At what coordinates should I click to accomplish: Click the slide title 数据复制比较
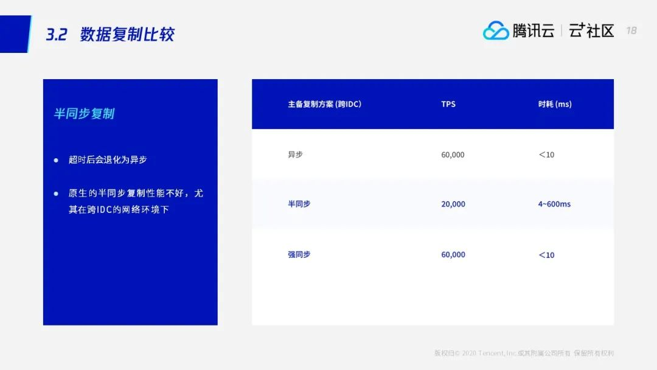click(x=127, y=34)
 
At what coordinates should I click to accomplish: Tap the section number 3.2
click(x=57, y=35)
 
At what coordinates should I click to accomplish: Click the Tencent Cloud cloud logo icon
click(x=496, y=30)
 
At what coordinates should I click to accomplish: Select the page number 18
click(x=631, y=30)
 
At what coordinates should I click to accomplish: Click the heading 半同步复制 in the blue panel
click(x=84, y=114)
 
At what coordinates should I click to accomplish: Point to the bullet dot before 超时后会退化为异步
click(x=56, y=160)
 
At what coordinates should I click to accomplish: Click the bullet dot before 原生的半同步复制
click(x=56, y=194)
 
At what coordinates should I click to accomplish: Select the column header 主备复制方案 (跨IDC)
click(x=324, y=104)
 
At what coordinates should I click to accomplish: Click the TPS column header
click(x=448, y=104)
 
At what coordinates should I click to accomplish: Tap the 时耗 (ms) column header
click(x=555, y=104)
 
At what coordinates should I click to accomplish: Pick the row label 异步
click(x=295, y=155)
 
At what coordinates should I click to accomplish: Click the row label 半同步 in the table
click(x=299, y=204)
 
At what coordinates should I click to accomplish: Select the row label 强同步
click(x=299, y=254)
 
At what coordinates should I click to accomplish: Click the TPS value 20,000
click(x=453, y=204)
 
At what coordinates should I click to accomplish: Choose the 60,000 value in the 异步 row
click(x=453, y=155)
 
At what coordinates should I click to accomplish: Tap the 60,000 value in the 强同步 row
click(x=453, y=254)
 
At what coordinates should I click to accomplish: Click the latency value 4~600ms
click(x=554, y=204)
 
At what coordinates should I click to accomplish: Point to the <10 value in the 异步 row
click(x=546, y=155)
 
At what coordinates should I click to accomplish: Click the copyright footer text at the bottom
click(x=524, y=353)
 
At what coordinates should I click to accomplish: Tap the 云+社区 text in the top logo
click(x=591, y=30)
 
